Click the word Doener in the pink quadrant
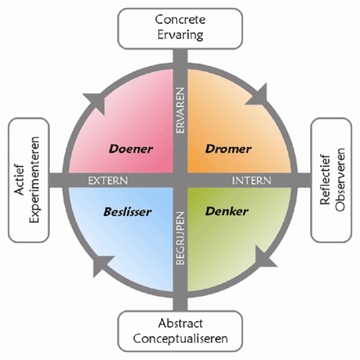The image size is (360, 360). [x=131, y=149]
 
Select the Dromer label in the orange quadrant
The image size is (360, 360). [x=228, y=149]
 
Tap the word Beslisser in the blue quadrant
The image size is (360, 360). [x=127, y=212]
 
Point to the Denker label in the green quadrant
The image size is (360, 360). [x=227, y=211]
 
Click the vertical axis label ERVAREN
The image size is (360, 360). [x=180, y=110]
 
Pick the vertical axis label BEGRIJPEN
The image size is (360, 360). [x=180, y=238]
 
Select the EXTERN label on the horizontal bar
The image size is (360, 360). [x=108, y=181]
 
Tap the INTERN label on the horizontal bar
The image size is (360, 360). [x=251, y=181]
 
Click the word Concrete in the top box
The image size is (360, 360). [x=180, y=19]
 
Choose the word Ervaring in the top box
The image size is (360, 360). [x=180, y=35]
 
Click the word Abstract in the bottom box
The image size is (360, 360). [x=180, y=323]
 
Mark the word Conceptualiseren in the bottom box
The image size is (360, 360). [x=180, y=339]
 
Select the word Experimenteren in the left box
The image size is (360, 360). [x=35, y=179]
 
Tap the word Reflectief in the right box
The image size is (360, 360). [x=324, y=179]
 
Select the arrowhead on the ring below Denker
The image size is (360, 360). [x=262, y=259]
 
